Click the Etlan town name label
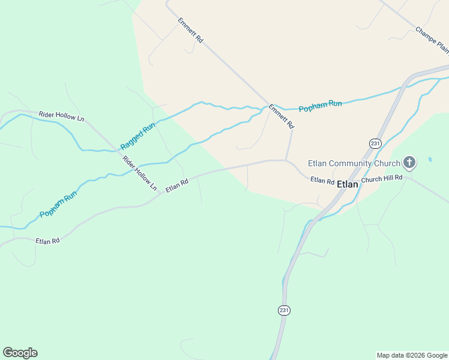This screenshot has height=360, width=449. coord(348,184)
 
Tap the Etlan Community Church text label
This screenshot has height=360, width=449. coord(354,163)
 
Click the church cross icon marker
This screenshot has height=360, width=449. coord(409,163)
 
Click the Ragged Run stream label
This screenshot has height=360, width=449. coord(137,136)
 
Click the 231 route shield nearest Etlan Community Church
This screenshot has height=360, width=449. coord(375,143)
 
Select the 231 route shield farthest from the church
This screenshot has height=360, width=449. coord(284,310)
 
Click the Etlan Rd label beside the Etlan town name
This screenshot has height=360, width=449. coord(322,180)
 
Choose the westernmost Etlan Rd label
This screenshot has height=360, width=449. coord(47,241)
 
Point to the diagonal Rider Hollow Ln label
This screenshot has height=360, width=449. coord(139,173)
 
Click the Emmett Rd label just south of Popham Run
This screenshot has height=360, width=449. coord(281,117)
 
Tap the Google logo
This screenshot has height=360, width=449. coord(20,353)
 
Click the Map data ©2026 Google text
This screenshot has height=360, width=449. coord(411,355)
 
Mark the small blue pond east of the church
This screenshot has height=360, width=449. coord(430,160)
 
